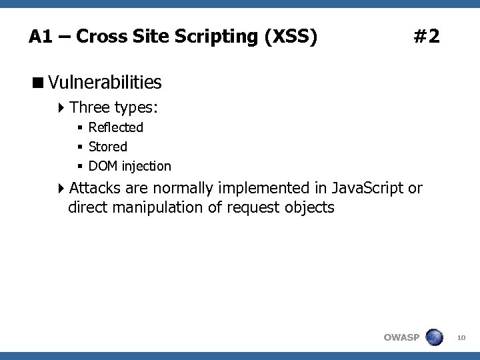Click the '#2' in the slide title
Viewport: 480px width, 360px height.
click(x=426, y=36)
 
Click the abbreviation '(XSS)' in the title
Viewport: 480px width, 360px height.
click(x=290, y=36)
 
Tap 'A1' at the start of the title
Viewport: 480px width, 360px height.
click(x=40, y=36)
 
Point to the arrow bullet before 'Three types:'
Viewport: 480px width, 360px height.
click(x=61, y=107)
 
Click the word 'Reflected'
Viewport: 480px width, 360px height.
click(x=115, y=127)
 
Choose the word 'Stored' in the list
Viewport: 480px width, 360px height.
click(x=107, y=147)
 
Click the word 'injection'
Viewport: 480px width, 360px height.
click(x=146, y=166)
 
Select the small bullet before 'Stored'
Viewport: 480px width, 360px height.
click(x=79, y=147)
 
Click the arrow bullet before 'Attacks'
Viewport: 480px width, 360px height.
click(x=61, y=188)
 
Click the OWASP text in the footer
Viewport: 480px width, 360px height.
click(x=401, y=337)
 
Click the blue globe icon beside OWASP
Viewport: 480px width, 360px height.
click(x=434, y=337)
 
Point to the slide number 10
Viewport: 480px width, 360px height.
click(x=461, y=339)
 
